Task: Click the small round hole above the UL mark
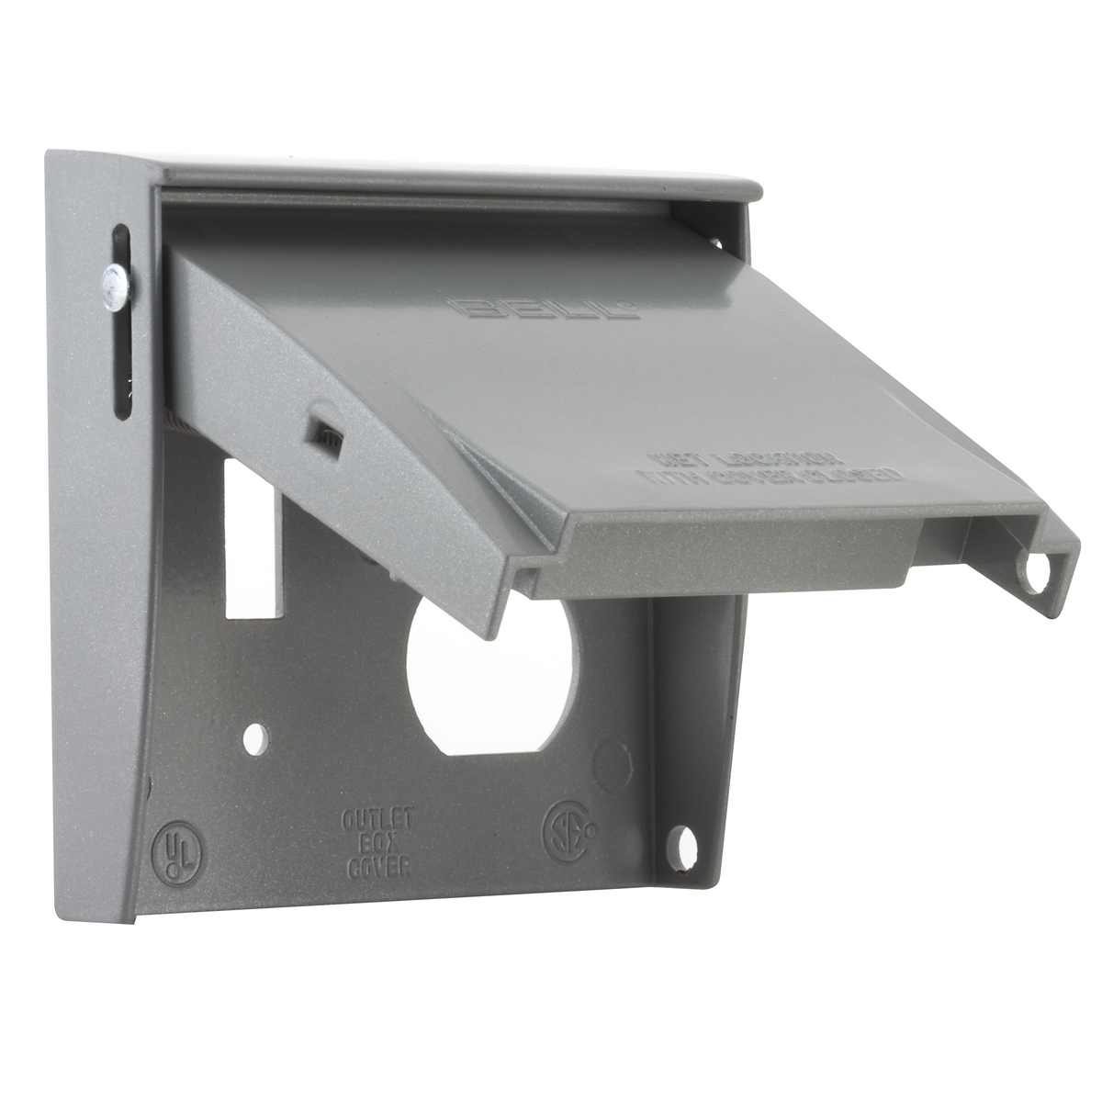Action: [257, 735]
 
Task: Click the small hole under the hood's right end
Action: [715, 242]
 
